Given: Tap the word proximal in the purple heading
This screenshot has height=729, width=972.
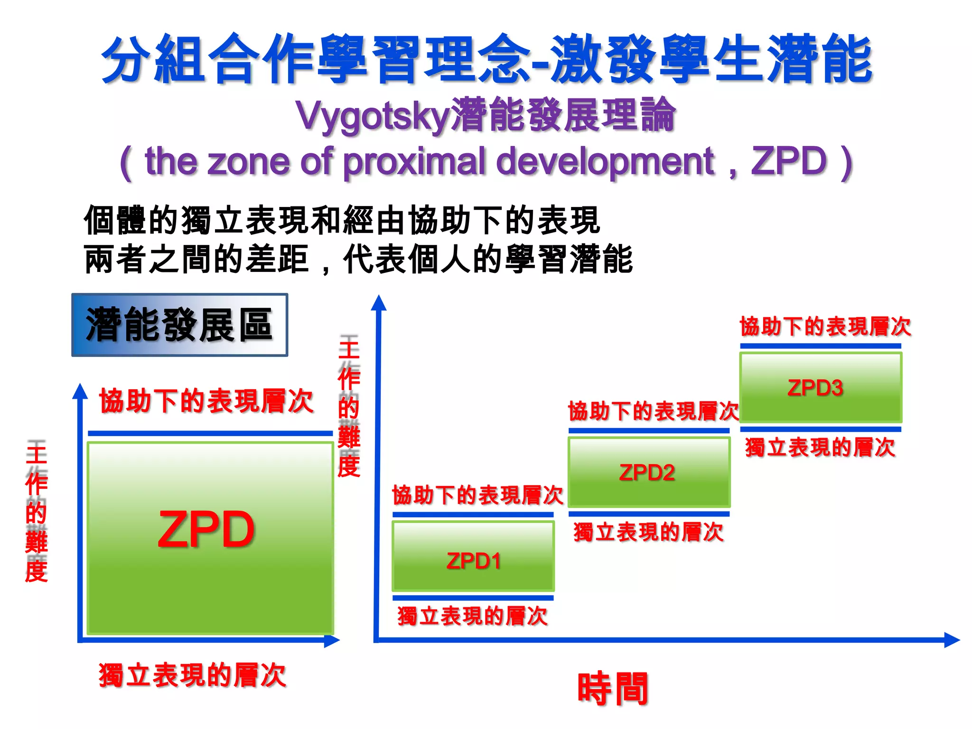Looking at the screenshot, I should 414,162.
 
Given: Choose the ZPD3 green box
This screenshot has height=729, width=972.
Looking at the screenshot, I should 821,388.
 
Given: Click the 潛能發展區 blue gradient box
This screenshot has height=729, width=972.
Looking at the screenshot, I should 179,325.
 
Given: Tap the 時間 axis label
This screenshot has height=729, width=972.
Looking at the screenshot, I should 613,689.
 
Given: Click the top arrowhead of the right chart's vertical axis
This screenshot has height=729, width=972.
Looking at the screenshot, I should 379,303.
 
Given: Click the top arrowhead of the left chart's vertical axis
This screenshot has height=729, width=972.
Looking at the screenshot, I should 80,391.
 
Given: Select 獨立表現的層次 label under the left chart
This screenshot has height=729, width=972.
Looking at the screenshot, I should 192,675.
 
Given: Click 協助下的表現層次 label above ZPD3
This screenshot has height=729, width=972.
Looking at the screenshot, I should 825,327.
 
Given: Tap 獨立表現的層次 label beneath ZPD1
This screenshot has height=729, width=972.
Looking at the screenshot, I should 472,616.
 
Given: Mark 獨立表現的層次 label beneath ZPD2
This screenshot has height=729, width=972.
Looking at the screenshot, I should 648,532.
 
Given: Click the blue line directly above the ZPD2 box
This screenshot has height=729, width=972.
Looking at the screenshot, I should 649,430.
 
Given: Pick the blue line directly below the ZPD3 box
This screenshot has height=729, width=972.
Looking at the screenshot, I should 821,430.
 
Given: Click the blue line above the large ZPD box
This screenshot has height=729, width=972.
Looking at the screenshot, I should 210,433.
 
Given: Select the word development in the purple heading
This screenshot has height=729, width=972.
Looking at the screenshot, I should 605,162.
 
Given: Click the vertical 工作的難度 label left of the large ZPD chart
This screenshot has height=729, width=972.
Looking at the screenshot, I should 37,510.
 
